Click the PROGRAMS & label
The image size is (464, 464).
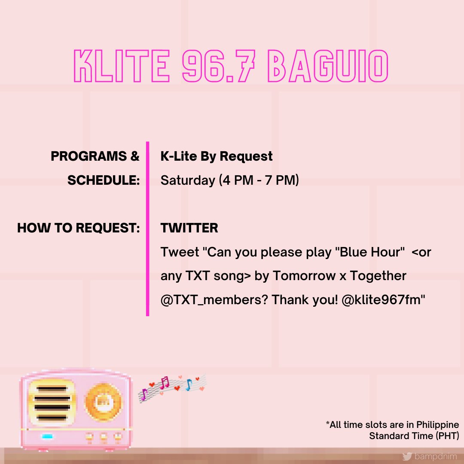[x=95, y=156]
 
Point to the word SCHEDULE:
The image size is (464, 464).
[x=104, y=180]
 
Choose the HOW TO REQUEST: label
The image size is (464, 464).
[x=79, y=228]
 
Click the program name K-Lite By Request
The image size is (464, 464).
[x=217, y=156]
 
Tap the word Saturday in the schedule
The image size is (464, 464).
[x=187, y=180]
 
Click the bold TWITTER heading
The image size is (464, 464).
[x=189, y=228]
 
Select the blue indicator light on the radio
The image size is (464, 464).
[x=47, y=437]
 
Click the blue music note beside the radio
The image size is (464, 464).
[x=189, y=385]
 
